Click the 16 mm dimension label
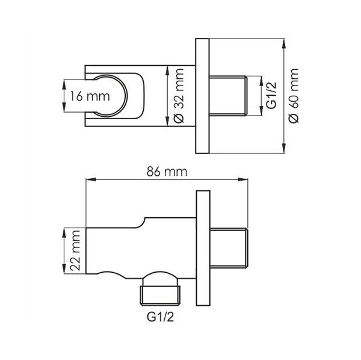[90, 96]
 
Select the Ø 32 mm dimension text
[178, 96]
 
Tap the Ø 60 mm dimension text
[294, 96]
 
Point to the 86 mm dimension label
[167, 172]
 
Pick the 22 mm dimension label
[75, 250]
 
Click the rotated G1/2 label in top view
[271, 95]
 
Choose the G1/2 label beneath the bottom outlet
[160, 317]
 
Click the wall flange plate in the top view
[202, 96]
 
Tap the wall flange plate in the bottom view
[203, 248]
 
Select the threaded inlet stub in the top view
[228, 96]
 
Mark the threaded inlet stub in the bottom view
[229, 248]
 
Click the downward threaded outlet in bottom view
[161, 296]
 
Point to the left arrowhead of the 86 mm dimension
[91, 179]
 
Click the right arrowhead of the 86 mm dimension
[243, 179]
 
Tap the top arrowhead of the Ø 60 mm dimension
[284, 43]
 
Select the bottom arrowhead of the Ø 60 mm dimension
[284, 148]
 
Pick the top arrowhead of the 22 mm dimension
[64, 232]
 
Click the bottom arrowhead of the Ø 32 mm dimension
[167, 122]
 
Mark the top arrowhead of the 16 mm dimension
[64, 85]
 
